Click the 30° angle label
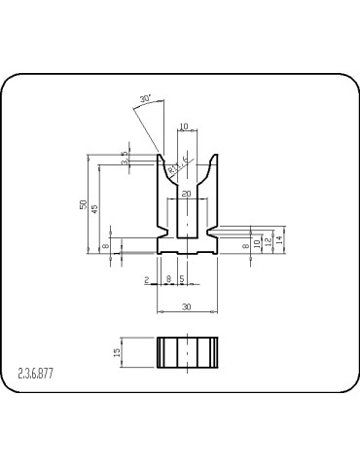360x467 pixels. click(146, 99)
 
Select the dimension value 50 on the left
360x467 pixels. click(84, 204)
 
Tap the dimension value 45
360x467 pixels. click(94, 209)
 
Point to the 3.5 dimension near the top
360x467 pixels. click(125, 159)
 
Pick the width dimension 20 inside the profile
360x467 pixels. click(186, 195)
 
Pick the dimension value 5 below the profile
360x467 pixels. click(182, 279)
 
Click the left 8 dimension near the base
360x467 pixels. click(106, 247)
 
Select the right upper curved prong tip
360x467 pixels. click(213, 156)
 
